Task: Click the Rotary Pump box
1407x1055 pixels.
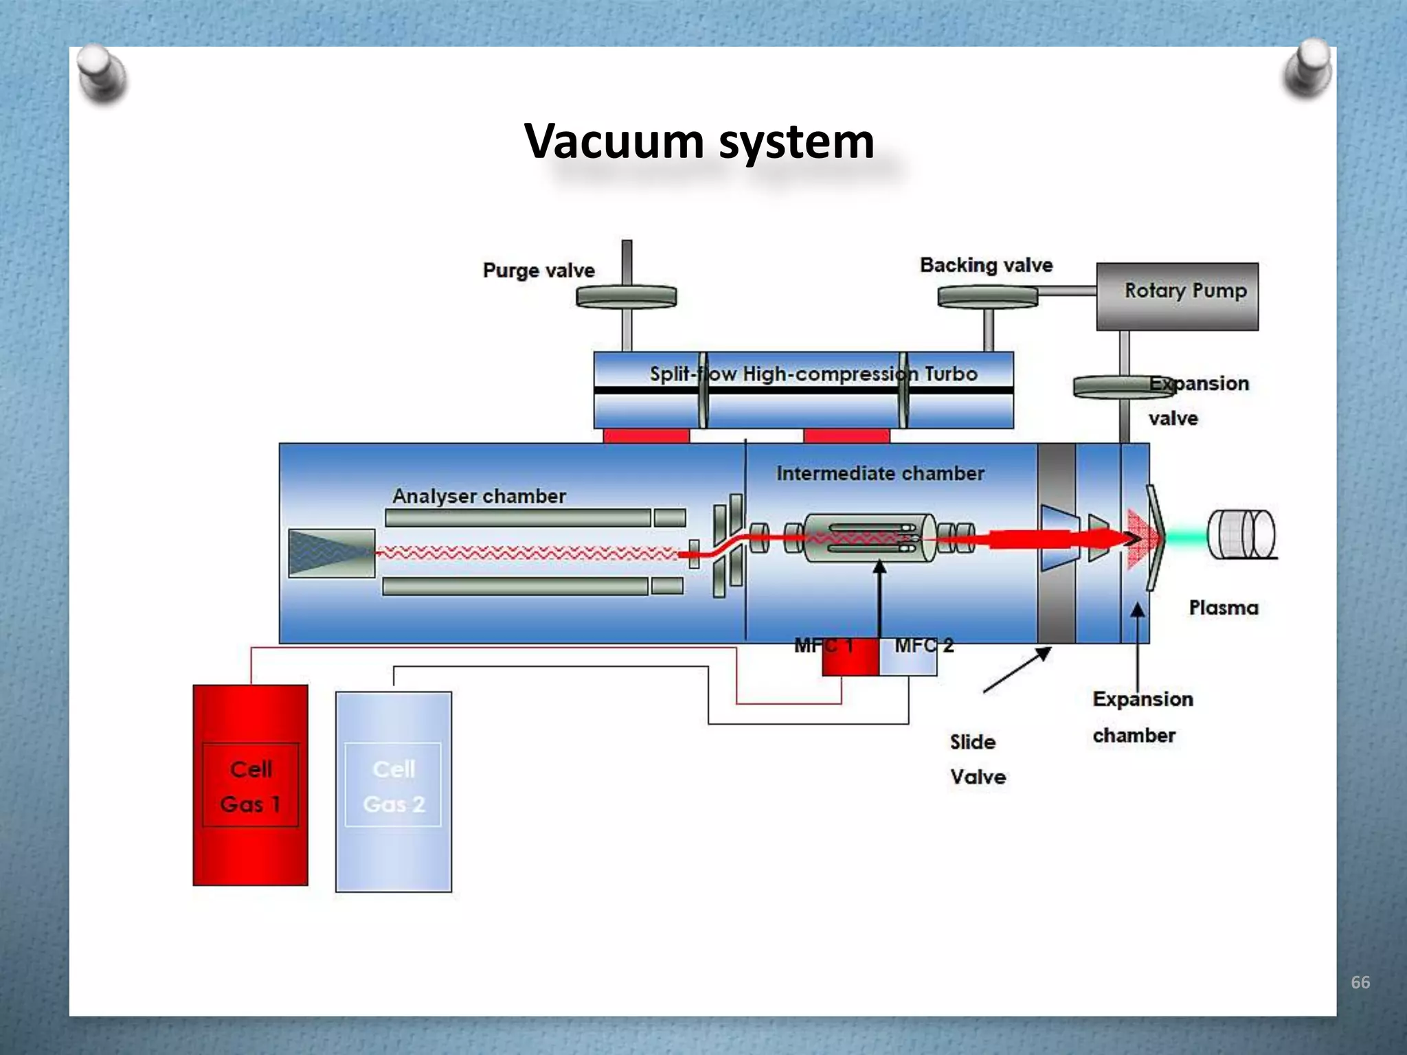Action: [1177, 296]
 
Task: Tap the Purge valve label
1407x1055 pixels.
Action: [539, 270]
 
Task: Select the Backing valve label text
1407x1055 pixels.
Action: [986, 265]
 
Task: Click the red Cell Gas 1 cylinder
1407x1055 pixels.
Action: [250, 784]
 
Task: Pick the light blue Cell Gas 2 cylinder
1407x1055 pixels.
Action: [394, 791]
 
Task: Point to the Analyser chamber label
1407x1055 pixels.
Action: [479, 496]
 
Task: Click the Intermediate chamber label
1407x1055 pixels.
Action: [880, 473]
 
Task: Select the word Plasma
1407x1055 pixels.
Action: [1224, 608]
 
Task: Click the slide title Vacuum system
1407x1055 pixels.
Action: [699, 141]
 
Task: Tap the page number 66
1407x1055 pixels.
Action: [1360, 982]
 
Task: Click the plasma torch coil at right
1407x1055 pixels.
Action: [1241, 534]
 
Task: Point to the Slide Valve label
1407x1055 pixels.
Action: [977, 759]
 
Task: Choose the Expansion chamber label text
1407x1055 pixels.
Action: [1142, 716]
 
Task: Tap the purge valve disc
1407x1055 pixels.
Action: [626, 297]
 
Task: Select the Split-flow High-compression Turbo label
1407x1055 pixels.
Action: [813, 374]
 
